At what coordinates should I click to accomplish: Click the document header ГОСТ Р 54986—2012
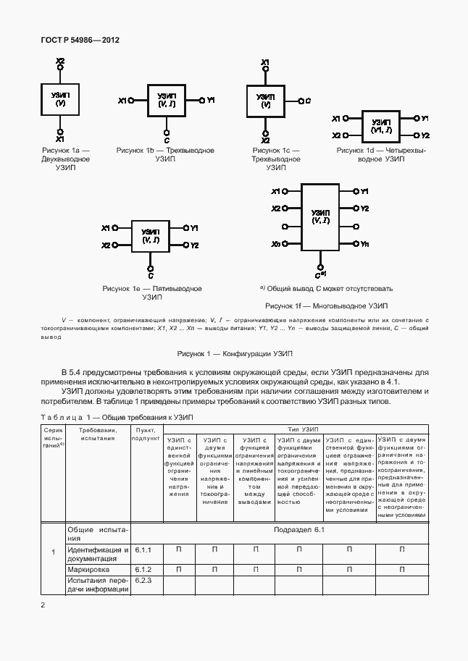click(x=80, y=41)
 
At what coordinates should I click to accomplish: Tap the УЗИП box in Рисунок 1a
click(x=60, y=100)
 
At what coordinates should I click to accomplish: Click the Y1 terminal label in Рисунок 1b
click(x=211, y=100)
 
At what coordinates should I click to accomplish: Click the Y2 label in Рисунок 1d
click(x=426, y=135)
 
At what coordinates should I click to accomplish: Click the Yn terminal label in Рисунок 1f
click(x=364, y=245)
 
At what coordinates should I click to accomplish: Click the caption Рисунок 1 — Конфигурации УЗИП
click(x=235, y=353)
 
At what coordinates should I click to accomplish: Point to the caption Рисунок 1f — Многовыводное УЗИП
click(x=326, y=306)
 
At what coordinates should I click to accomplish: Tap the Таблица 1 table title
click(x=116, y=418)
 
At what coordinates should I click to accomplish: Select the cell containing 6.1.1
click(x=143, y=551)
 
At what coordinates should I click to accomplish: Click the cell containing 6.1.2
click(x=143, y=569)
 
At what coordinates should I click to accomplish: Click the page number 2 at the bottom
click(x=43, y=605)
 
